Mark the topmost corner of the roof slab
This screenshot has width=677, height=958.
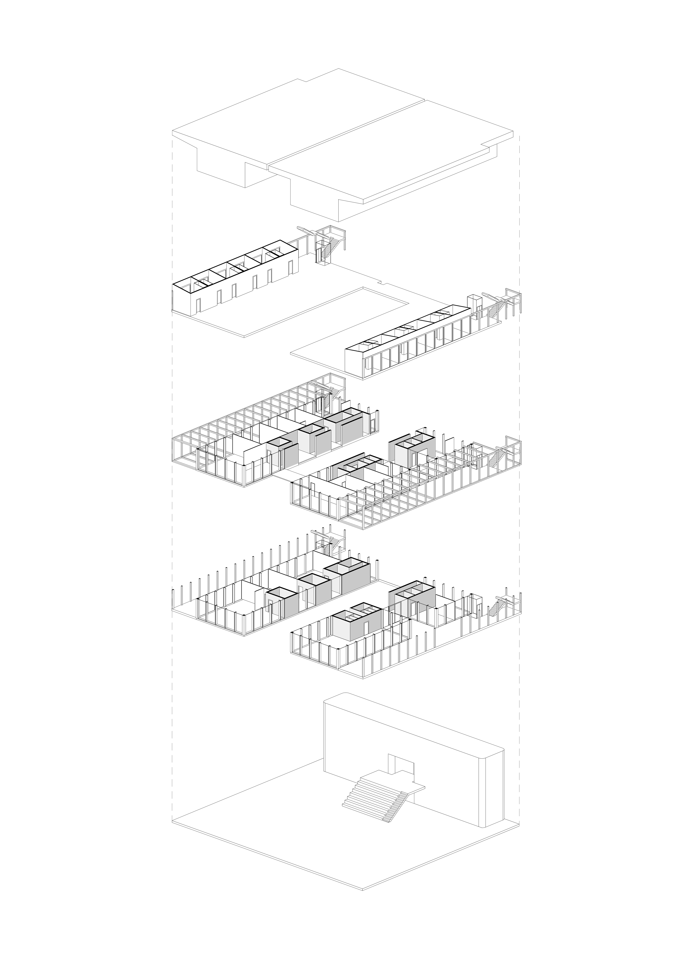point(339,69)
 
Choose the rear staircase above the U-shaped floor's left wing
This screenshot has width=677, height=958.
point(330,246)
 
